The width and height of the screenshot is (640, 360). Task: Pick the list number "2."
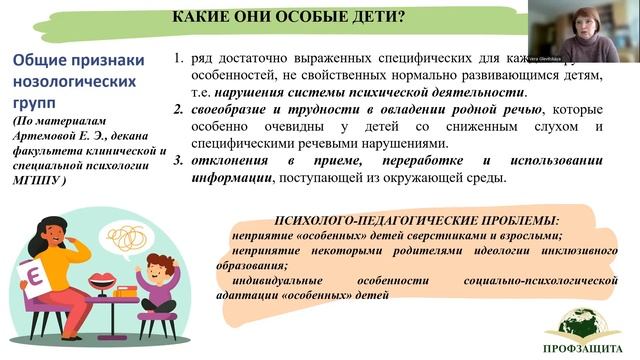click(180, 109)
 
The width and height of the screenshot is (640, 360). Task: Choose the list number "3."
click(180, 161)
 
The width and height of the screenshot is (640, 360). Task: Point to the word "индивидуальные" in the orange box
click(285, 281)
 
